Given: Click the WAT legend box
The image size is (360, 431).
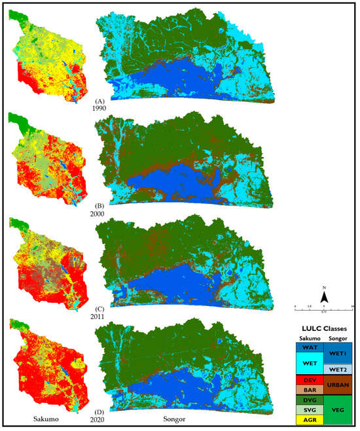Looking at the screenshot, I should (310, 348).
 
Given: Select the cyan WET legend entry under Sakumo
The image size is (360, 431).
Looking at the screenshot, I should (310, 365).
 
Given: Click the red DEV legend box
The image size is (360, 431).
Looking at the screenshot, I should (310, 380).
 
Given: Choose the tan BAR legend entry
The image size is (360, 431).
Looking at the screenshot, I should (310, 390).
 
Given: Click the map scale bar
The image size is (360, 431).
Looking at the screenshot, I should (324, 306).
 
